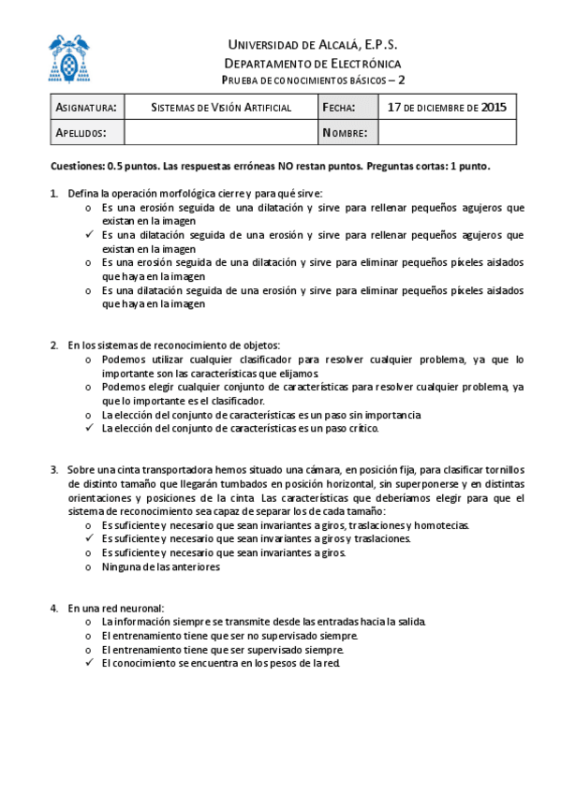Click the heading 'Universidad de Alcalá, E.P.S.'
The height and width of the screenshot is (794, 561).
coord(313,45)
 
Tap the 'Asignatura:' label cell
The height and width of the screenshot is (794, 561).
coord(86,108)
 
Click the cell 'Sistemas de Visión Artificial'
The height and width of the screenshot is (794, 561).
coord(222,108)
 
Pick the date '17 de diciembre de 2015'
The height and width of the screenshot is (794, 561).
coord(447,108)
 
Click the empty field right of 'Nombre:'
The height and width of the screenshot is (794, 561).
coord(447,133)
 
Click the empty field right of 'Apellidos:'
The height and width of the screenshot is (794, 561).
coord(222,133)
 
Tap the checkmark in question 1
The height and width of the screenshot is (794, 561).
coord(88,235)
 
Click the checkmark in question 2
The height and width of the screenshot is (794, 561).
coord(88,428)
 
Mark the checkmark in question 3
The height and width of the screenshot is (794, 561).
coord(88,539)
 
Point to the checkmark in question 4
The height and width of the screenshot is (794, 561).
coord(88,663)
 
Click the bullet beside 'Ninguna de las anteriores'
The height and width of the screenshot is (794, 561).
coord(88,566)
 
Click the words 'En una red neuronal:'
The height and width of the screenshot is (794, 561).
coord(115,608)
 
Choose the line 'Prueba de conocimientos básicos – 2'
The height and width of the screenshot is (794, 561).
coord(313,81)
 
